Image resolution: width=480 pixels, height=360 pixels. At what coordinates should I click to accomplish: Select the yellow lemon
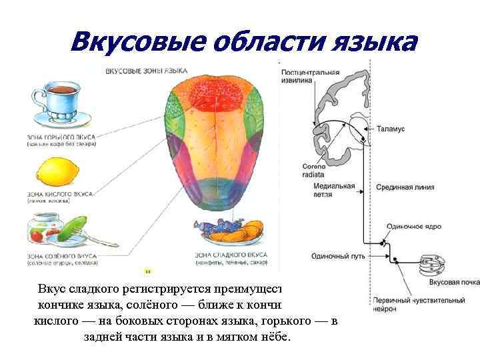(57, 173)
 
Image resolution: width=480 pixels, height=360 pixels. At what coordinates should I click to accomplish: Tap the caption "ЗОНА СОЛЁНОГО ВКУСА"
(61, 255)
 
